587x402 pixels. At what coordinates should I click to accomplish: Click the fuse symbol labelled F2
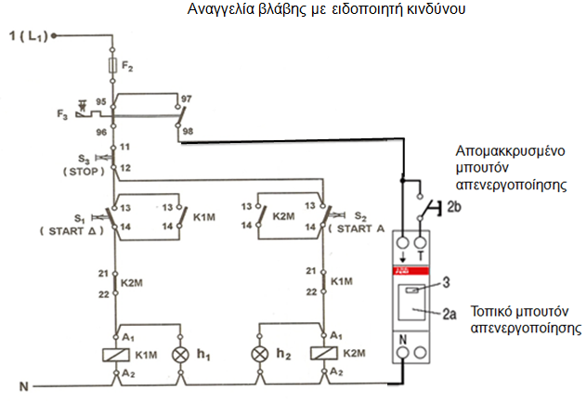[x=112, y=65]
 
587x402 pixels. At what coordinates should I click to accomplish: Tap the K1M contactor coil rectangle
[x=116, y=355]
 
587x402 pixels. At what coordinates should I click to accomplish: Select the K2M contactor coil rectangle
[x=324, y=354]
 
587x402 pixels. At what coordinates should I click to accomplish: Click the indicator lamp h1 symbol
[x=180, y=355]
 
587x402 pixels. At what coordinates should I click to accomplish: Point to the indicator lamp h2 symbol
[x=260, y=354]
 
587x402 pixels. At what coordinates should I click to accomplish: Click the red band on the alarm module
[x=411, y=271]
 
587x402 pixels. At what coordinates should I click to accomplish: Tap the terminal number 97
[x=187, y=98]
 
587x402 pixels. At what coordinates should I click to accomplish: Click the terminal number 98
[x=188, y=132]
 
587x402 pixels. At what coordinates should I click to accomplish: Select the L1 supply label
[x=29, y=36]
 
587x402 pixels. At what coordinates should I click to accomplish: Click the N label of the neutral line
[x=24, y=386]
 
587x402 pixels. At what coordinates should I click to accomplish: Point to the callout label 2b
[x=454, y=207]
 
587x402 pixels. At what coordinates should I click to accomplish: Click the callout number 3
[x=446, y=282]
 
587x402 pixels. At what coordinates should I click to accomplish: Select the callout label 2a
[x=450, y=314]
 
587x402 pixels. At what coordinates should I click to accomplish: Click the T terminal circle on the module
[x=421, y=243]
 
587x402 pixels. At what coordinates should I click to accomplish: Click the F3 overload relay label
[x=62, y=114]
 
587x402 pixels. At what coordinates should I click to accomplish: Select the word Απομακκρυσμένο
[x=510, y=151]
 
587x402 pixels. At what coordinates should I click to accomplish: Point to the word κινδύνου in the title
[x=437, y=9]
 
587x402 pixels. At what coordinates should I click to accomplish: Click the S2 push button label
[x=360, y=216]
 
